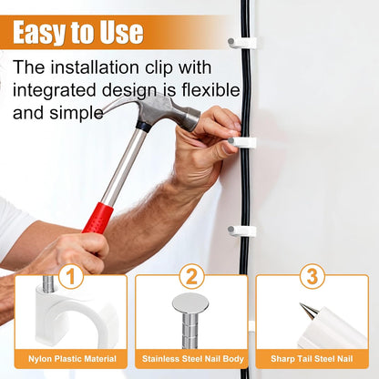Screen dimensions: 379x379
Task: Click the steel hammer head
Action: tap(157, 112)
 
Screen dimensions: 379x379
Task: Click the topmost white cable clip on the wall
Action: tap(242, 43)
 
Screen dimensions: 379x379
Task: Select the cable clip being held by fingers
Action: tap(242, 142)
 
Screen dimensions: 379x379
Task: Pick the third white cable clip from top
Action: tap(241, 230)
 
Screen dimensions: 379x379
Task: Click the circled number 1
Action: tap(71, 276)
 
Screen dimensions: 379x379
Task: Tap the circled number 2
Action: tap(191, 276)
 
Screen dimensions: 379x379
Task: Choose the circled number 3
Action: tap(312, 276)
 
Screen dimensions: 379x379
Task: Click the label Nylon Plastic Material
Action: tap(72, 359)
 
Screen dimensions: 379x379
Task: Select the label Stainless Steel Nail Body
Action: tap(193, 359)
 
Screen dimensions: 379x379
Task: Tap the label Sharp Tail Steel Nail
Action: tap(312, 359)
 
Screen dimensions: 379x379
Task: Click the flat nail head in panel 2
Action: tap(190, 303)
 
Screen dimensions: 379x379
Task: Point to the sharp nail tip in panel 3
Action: tap(301, 304)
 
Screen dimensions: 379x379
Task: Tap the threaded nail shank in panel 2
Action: tap(190, 331)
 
